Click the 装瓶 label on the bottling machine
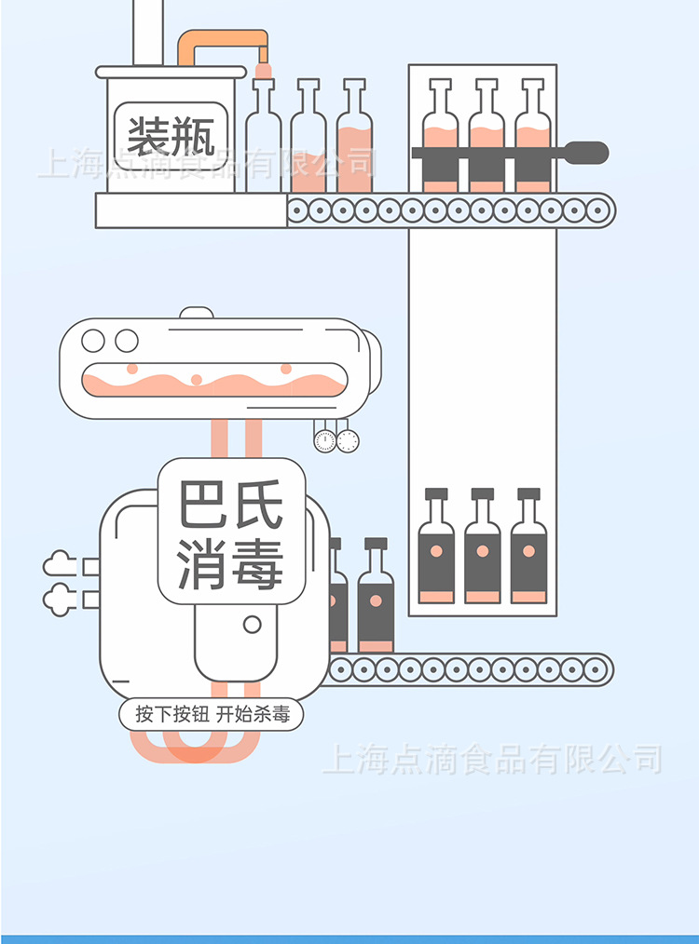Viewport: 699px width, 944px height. [x=171, y=136]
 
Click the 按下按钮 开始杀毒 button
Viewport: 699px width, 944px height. [x=212, y=715]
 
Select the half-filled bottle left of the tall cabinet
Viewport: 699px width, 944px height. [x=354, y=140]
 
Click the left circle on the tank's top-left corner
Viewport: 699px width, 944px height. [x=93, y=341]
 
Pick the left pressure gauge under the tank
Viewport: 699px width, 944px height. [x=324, y=440]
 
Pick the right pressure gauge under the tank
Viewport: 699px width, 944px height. [x=348, y=440]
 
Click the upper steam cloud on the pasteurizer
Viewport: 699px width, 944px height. [x=60, y=564]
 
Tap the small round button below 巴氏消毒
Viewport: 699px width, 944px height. [x=252, y=625]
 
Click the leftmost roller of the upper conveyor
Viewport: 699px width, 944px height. [x=298, y=210]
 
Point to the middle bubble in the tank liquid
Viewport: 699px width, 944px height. [x=197, y=379]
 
